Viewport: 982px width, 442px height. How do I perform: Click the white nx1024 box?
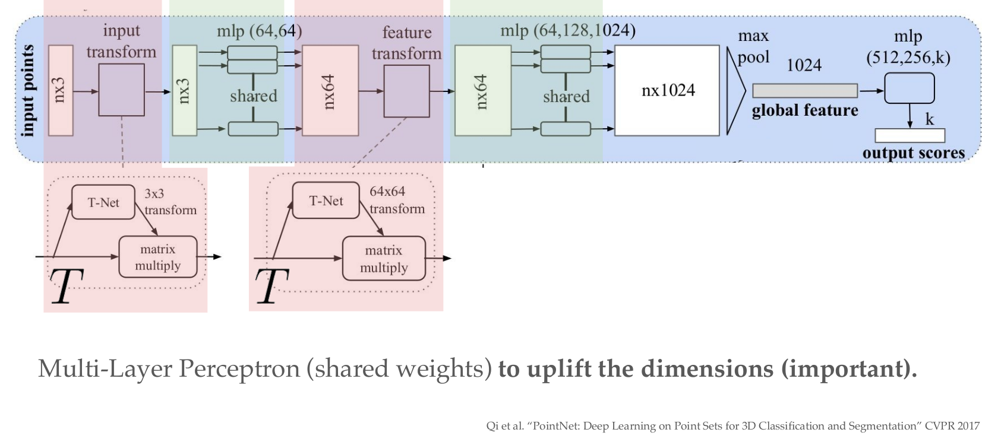(x=667, y=90)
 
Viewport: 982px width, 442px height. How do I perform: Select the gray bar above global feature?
(x=804, y=91)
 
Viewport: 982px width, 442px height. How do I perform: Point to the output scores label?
(x=913, y=153)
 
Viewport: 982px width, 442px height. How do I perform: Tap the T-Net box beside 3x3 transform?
(x=103, y=202)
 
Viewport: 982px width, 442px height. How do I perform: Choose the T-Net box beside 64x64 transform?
(x=326, y=201)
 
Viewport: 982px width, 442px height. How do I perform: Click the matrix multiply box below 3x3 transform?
(x=157, y=257)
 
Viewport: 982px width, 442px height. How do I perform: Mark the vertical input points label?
(x=27, y=90)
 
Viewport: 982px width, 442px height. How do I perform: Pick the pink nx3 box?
(x=60, y=90)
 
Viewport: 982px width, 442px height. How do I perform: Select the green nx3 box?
(x=184, y=90)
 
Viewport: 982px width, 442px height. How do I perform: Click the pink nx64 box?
(x=330, y=91)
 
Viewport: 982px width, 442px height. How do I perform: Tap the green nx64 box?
(x=482, y=91)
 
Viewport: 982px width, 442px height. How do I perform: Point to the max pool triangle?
(x=735, y=91)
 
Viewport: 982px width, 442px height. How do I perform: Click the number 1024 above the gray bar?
(x=804, y=65)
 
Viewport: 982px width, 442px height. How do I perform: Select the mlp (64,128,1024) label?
(x=567, y=30)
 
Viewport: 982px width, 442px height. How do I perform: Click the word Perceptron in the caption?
(x=240, y=369)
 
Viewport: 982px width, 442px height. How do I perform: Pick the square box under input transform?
(x=121, y=90)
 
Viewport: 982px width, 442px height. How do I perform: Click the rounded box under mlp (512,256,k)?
(x=909, y=88)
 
